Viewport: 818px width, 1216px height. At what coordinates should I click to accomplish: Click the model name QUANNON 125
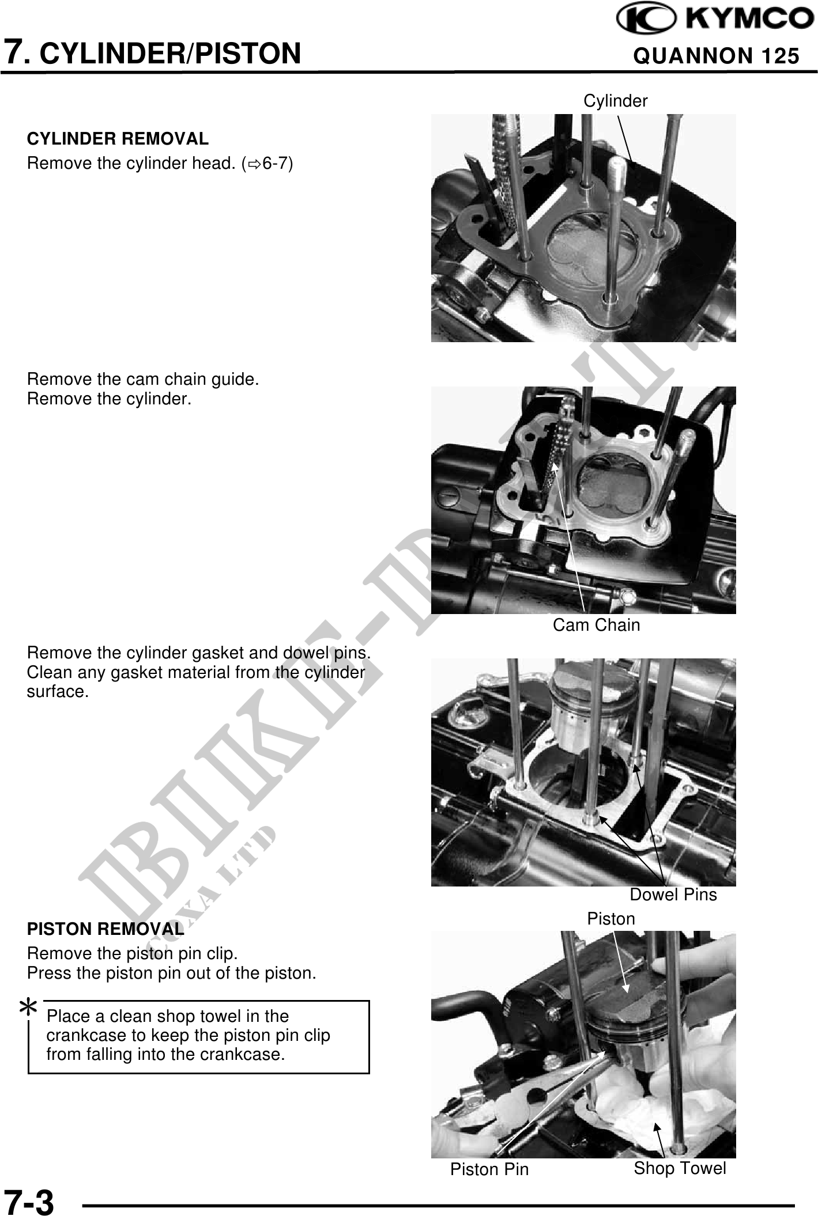(716, 56)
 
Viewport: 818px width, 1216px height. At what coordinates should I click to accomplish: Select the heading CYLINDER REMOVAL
(118, 139)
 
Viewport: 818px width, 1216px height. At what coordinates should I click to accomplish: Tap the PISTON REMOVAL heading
(105, 929)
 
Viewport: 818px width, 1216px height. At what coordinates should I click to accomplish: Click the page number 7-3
(29, 1199)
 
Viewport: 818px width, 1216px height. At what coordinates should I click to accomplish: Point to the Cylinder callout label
(616, 101)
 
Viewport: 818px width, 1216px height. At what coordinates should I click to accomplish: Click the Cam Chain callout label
(596, 625)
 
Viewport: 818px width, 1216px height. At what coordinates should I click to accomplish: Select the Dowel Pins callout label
(673, 895)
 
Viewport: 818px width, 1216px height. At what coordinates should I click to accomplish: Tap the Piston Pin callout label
(489, 1169)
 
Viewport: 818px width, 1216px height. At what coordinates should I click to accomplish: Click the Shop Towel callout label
(680, 1168)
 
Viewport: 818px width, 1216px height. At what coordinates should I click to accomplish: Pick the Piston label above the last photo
(611, 919)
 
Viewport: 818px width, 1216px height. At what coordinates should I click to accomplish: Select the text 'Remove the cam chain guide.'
(143, 380)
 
